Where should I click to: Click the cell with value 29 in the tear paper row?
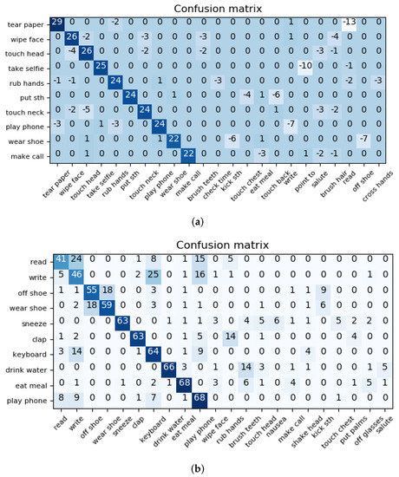(57, 22)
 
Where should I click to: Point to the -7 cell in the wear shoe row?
(364, 138)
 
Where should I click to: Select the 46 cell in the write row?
(75, 274)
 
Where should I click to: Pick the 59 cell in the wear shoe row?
(107, 304)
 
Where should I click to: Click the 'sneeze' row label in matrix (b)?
(34, 320)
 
